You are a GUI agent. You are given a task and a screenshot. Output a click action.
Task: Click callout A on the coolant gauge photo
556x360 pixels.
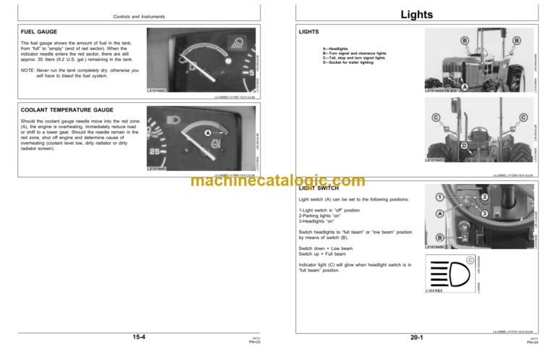(x=208, y=133)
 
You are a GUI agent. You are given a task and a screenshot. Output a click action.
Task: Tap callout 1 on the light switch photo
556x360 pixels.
(x=439, y=197)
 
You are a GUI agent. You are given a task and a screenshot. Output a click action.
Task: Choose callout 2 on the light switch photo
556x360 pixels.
(x=484, y=197)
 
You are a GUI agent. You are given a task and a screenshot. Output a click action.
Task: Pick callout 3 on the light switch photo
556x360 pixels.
(x=483, y=214)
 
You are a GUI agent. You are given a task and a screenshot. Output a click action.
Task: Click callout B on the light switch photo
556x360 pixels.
(x=439, y=237)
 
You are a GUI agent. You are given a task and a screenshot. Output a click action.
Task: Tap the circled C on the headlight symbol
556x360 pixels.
(x=469, y=260)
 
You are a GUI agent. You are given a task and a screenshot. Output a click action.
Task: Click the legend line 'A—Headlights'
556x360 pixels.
(x=339, y=48)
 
